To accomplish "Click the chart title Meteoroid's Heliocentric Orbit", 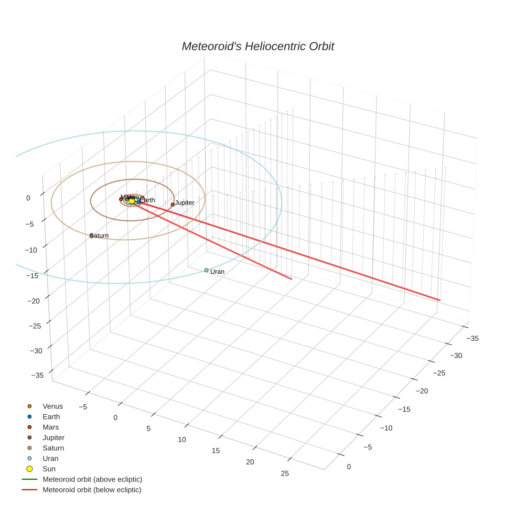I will point(257,46).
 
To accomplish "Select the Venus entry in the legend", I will point(52,406).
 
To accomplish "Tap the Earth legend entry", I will point(51,417).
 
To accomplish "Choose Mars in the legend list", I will point(50,427).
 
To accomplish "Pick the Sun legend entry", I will point(49,469).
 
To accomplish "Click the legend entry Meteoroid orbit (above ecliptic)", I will point(92,479).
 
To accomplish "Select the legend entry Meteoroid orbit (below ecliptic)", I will point(92,490).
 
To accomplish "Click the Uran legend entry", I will point(50,458).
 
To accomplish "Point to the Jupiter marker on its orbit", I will point(173,205).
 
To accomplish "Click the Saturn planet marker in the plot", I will point(91,235).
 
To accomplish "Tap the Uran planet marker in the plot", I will point(206,270).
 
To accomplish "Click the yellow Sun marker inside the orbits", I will point(132,200).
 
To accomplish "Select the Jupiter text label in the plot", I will point(185,202).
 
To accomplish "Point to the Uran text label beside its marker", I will point(217,272).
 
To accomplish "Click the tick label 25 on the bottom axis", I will point(285,474).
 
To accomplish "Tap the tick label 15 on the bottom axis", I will point(216,450).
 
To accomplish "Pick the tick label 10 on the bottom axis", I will point(181,439).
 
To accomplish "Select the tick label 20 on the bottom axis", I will point(250,462).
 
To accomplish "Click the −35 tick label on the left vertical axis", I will point(37,375).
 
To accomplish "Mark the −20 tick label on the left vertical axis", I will point(34,300).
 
